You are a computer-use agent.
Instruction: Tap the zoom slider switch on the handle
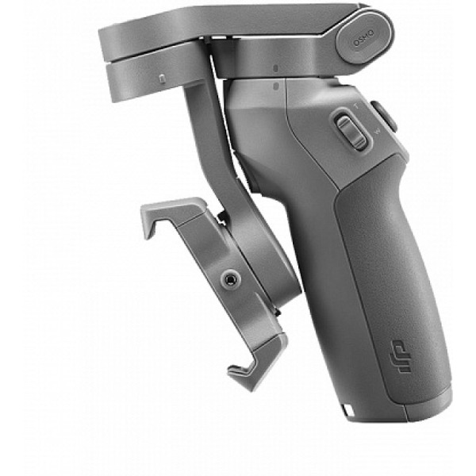[350, 132]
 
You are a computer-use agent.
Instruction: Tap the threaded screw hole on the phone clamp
[231, 278]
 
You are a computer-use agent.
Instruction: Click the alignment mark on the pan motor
[273, 68]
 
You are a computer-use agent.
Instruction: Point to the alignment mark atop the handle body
[274, 84]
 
